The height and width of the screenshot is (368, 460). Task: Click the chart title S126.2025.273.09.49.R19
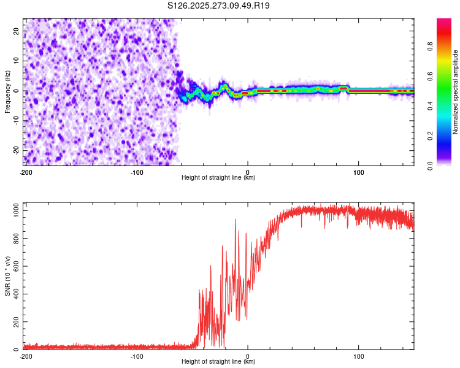tap(219, 6)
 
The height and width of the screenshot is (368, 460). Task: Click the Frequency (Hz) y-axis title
tap(7, 91)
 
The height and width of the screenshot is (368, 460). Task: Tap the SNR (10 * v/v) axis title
tap(7, 277)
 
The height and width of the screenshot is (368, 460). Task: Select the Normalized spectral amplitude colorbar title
tap(455, 92)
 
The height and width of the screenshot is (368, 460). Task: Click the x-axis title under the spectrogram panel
tap(218, 178)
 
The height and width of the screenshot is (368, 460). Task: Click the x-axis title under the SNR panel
tap(218, 362)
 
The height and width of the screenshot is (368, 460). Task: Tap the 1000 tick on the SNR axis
tap(13, 210)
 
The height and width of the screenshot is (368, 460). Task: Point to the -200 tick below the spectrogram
tap(25, 172)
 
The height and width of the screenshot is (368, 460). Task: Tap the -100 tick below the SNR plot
tap(136, 356)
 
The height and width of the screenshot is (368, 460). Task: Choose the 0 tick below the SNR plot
tap(248, 356)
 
